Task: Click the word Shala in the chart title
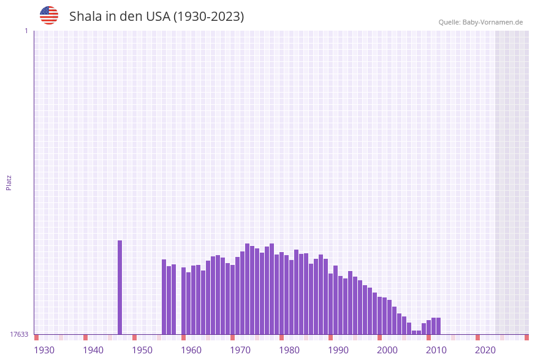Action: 85,17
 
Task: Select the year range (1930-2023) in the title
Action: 208,17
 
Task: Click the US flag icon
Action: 49,15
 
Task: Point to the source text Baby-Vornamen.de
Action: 493,22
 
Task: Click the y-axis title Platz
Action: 9,182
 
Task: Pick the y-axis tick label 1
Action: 26,31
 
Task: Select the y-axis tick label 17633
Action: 19,334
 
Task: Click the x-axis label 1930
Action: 44,350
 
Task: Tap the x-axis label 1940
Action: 93,350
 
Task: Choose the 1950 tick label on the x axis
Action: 142,350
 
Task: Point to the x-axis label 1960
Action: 191,350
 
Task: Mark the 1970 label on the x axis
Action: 240,350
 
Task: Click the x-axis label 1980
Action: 289,350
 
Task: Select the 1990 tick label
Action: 338,350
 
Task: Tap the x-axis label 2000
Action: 387,350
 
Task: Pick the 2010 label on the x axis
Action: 436,350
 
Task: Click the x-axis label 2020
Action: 485,350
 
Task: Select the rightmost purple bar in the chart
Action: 438,326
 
